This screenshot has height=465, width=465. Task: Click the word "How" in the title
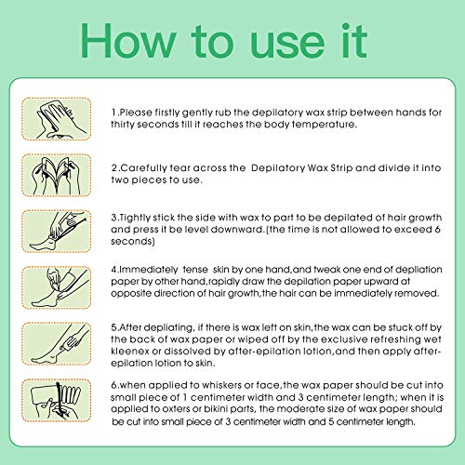click(x=128, y=41)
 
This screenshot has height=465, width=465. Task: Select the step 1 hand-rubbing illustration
click(x=57, y=119)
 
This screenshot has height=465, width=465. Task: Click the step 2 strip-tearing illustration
click(x=57, y=175)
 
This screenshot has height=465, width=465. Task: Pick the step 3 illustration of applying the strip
click(x=57, y=232)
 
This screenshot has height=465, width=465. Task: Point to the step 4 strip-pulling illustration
click(x=57, y=287)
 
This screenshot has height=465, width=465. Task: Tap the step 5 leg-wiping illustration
click(x=57, y=344)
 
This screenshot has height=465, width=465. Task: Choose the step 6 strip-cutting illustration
click(x=57, y=400)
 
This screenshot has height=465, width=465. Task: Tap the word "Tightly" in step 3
click(x=135, y=218)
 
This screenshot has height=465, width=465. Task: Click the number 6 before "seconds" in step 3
click(x=437, y=230)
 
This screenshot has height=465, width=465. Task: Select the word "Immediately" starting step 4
click(x=148, y=270)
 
